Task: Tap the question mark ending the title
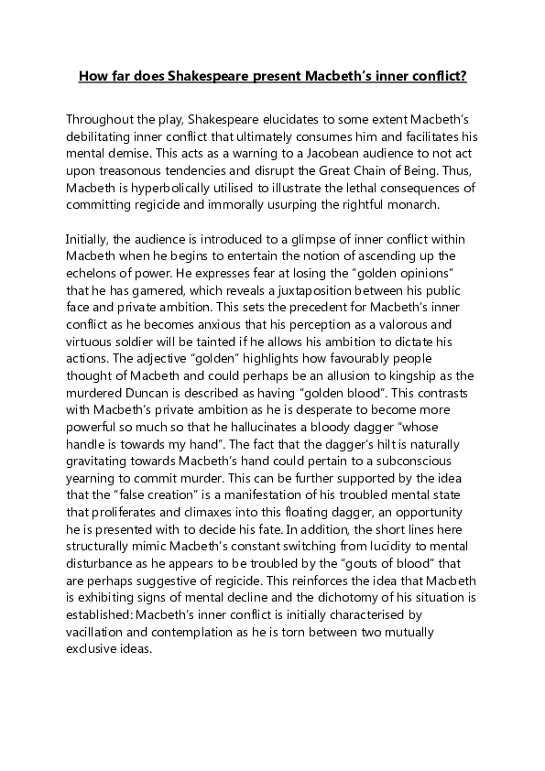click(464, 78)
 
